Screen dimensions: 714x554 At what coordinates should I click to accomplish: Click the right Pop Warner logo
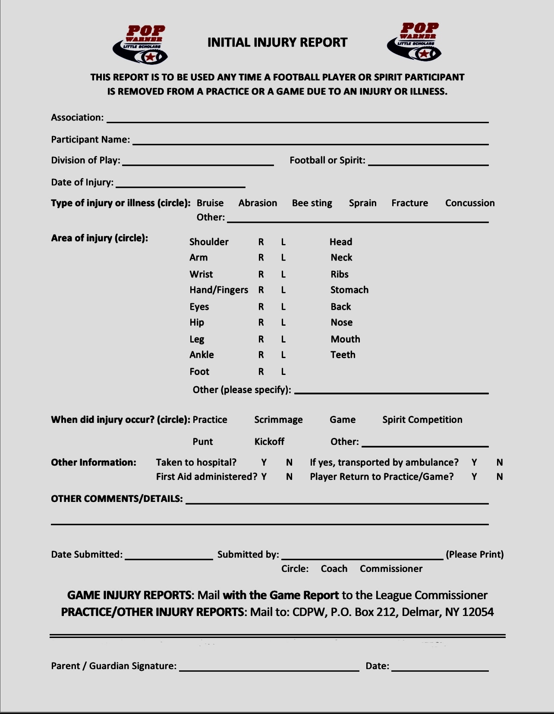click(415, 41)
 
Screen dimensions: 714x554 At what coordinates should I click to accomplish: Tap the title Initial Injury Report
click(277, 42)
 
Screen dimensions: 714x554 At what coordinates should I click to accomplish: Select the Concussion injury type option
click(470, 203)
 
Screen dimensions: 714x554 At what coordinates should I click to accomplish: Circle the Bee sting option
click(312, 203)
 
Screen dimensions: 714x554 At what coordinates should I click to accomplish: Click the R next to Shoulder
click(261, 242)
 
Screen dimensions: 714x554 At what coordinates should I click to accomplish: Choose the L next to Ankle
click(283, 355)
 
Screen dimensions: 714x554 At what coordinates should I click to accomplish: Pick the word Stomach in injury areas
click(349, 290)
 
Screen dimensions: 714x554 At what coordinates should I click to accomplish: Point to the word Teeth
click(343, 355)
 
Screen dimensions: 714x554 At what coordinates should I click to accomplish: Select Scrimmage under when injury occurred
click(278, 420)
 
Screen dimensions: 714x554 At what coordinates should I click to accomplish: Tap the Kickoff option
click(269, 441)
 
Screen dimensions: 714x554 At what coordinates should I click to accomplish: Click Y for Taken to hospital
click(264, 463)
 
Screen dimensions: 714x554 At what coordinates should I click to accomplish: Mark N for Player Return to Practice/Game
click(500, 477)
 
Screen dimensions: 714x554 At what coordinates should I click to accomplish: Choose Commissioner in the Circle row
click(391, 569)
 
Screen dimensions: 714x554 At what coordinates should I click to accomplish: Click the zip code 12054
click(478, 612)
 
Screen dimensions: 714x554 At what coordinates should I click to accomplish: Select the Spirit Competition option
click(422, 420)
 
